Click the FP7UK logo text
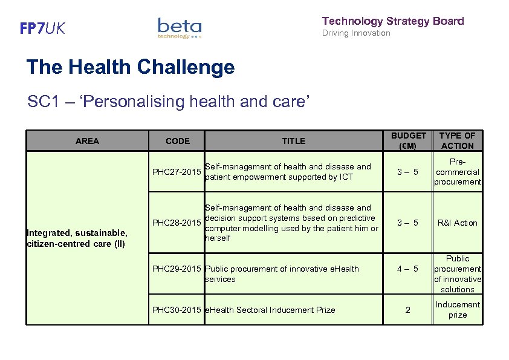pos(42,28)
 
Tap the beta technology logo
pos(180,28)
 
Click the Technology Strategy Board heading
pos(393,21)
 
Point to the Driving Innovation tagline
pos(356,33)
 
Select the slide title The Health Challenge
pos(131,67)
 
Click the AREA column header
pos(87,141)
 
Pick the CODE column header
pos(177,141)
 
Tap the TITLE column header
pos(293,141)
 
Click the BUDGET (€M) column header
pos(408,140)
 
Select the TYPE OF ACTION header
pos(458,140)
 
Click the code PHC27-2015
pos(177,172)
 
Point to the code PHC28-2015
pos(177,223)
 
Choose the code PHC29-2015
pos(177,269)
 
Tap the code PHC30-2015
pos(177,310)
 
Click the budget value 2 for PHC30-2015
pos(408,310)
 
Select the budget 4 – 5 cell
pos(408,269)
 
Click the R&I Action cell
pos(458,223)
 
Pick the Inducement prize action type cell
pos(458,310)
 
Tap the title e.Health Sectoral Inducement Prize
pos(270,310)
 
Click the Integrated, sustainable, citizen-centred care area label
pos(76,238)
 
